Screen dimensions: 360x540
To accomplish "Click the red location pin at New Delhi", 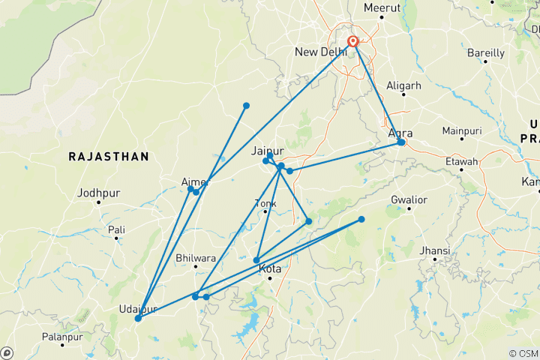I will pos(352,42).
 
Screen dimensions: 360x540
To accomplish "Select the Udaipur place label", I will pos(138,309).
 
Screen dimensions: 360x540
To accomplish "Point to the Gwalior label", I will pos(409,200).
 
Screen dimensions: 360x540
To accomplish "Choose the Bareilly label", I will pos(486,53).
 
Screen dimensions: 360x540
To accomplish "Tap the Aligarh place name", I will pos(403,86).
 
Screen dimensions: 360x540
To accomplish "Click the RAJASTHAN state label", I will pos(109,156).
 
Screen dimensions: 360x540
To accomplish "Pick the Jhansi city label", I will pos(436,250).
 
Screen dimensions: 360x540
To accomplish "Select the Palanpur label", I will pos(61,337).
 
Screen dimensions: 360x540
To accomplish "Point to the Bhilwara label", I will pos(195,258).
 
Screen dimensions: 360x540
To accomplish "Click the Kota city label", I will pos(270,268).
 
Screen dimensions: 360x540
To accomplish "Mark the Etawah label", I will pos(462,161).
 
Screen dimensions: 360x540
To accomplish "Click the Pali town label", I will pos(116,229).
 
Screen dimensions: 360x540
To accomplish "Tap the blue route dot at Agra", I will pos(401,142).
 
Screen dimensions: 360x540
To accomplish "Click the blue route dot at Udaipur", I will pos(138,319).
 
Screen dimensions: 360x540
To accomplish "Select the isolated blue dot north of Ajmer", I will pos(246,106).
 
